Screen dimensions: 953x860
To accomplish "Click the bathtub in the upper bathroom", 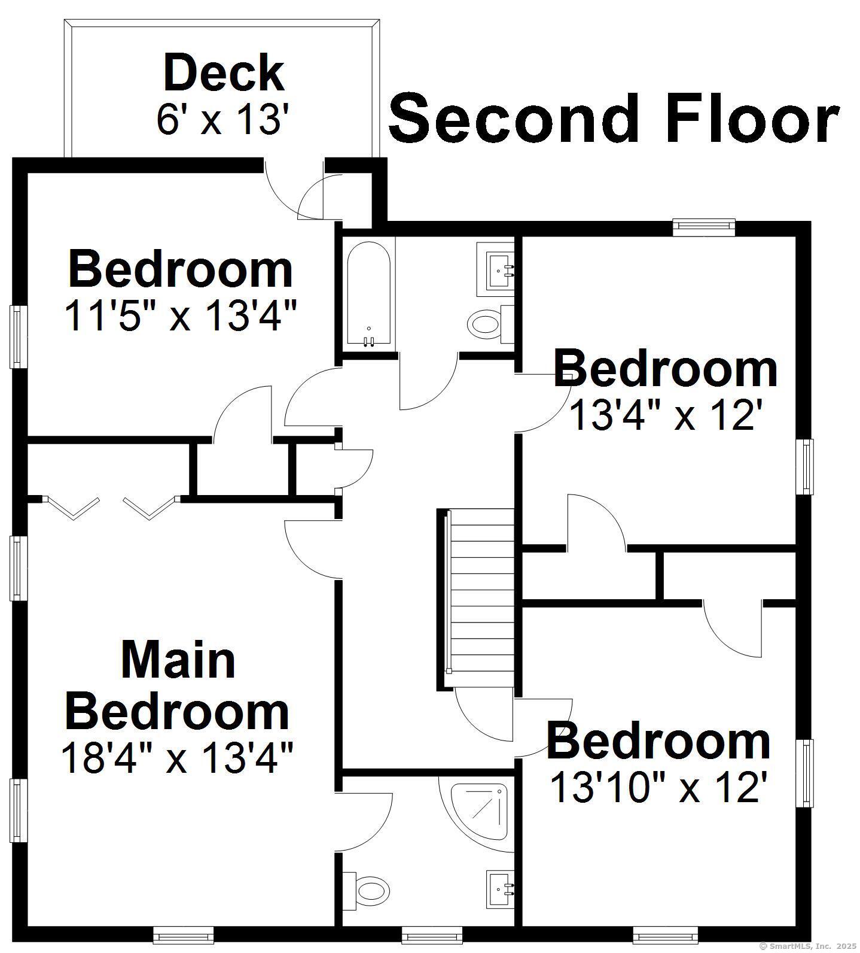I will tap(368, 295).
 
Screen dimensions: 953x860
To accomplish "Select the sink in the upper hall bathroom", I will tap(497, 269).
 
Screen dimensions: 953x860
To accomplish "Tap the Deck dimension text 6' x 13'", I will tap(225, 120).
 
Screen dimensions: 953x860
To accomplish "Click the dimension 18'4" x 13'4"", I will tap(177, 758).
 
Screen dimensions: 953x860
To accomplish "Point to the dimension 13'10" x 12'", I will tap(658, 788).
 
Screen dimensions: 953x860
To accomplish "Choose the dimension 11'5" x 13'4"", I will tap(181, 315).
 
